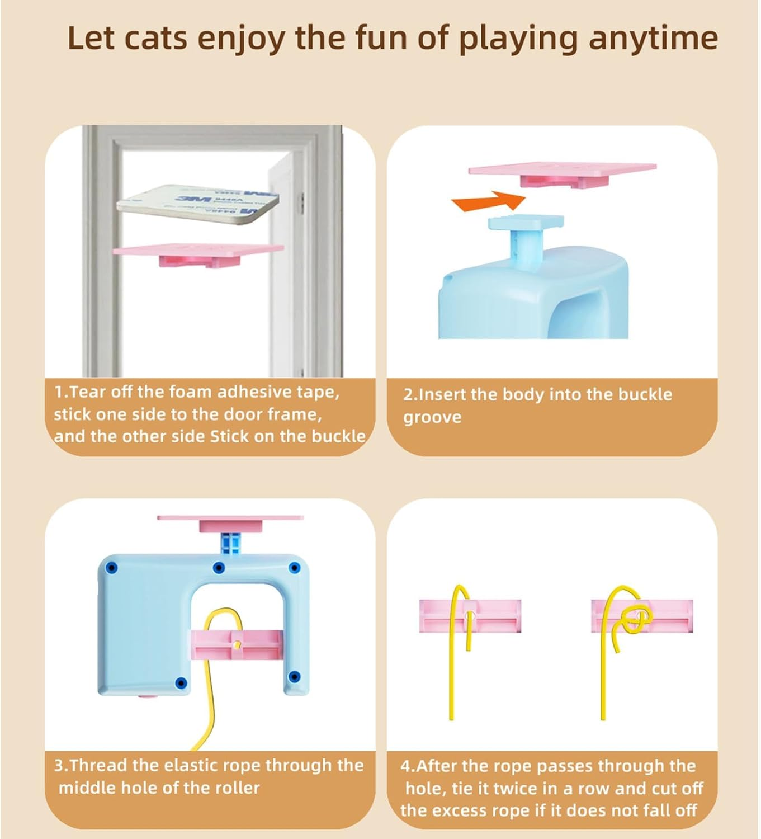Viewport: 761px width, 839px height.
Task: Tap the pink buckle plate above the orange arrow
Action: [x=561, y=173]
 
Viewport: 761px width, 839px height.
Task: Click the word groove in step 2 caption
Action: [x=432, y=417]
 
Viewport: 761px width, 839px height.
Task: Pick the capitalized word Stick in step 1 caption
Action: [x=230, y=436]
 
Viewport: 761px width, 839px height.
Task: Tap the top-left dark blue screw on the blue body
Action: [x=111, y=568]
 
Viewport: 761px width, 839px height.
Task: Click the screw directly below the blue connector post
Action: [x=219, y=568]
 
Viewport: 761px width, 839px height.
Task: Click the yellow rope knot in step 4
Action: [x=636, y=619]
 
